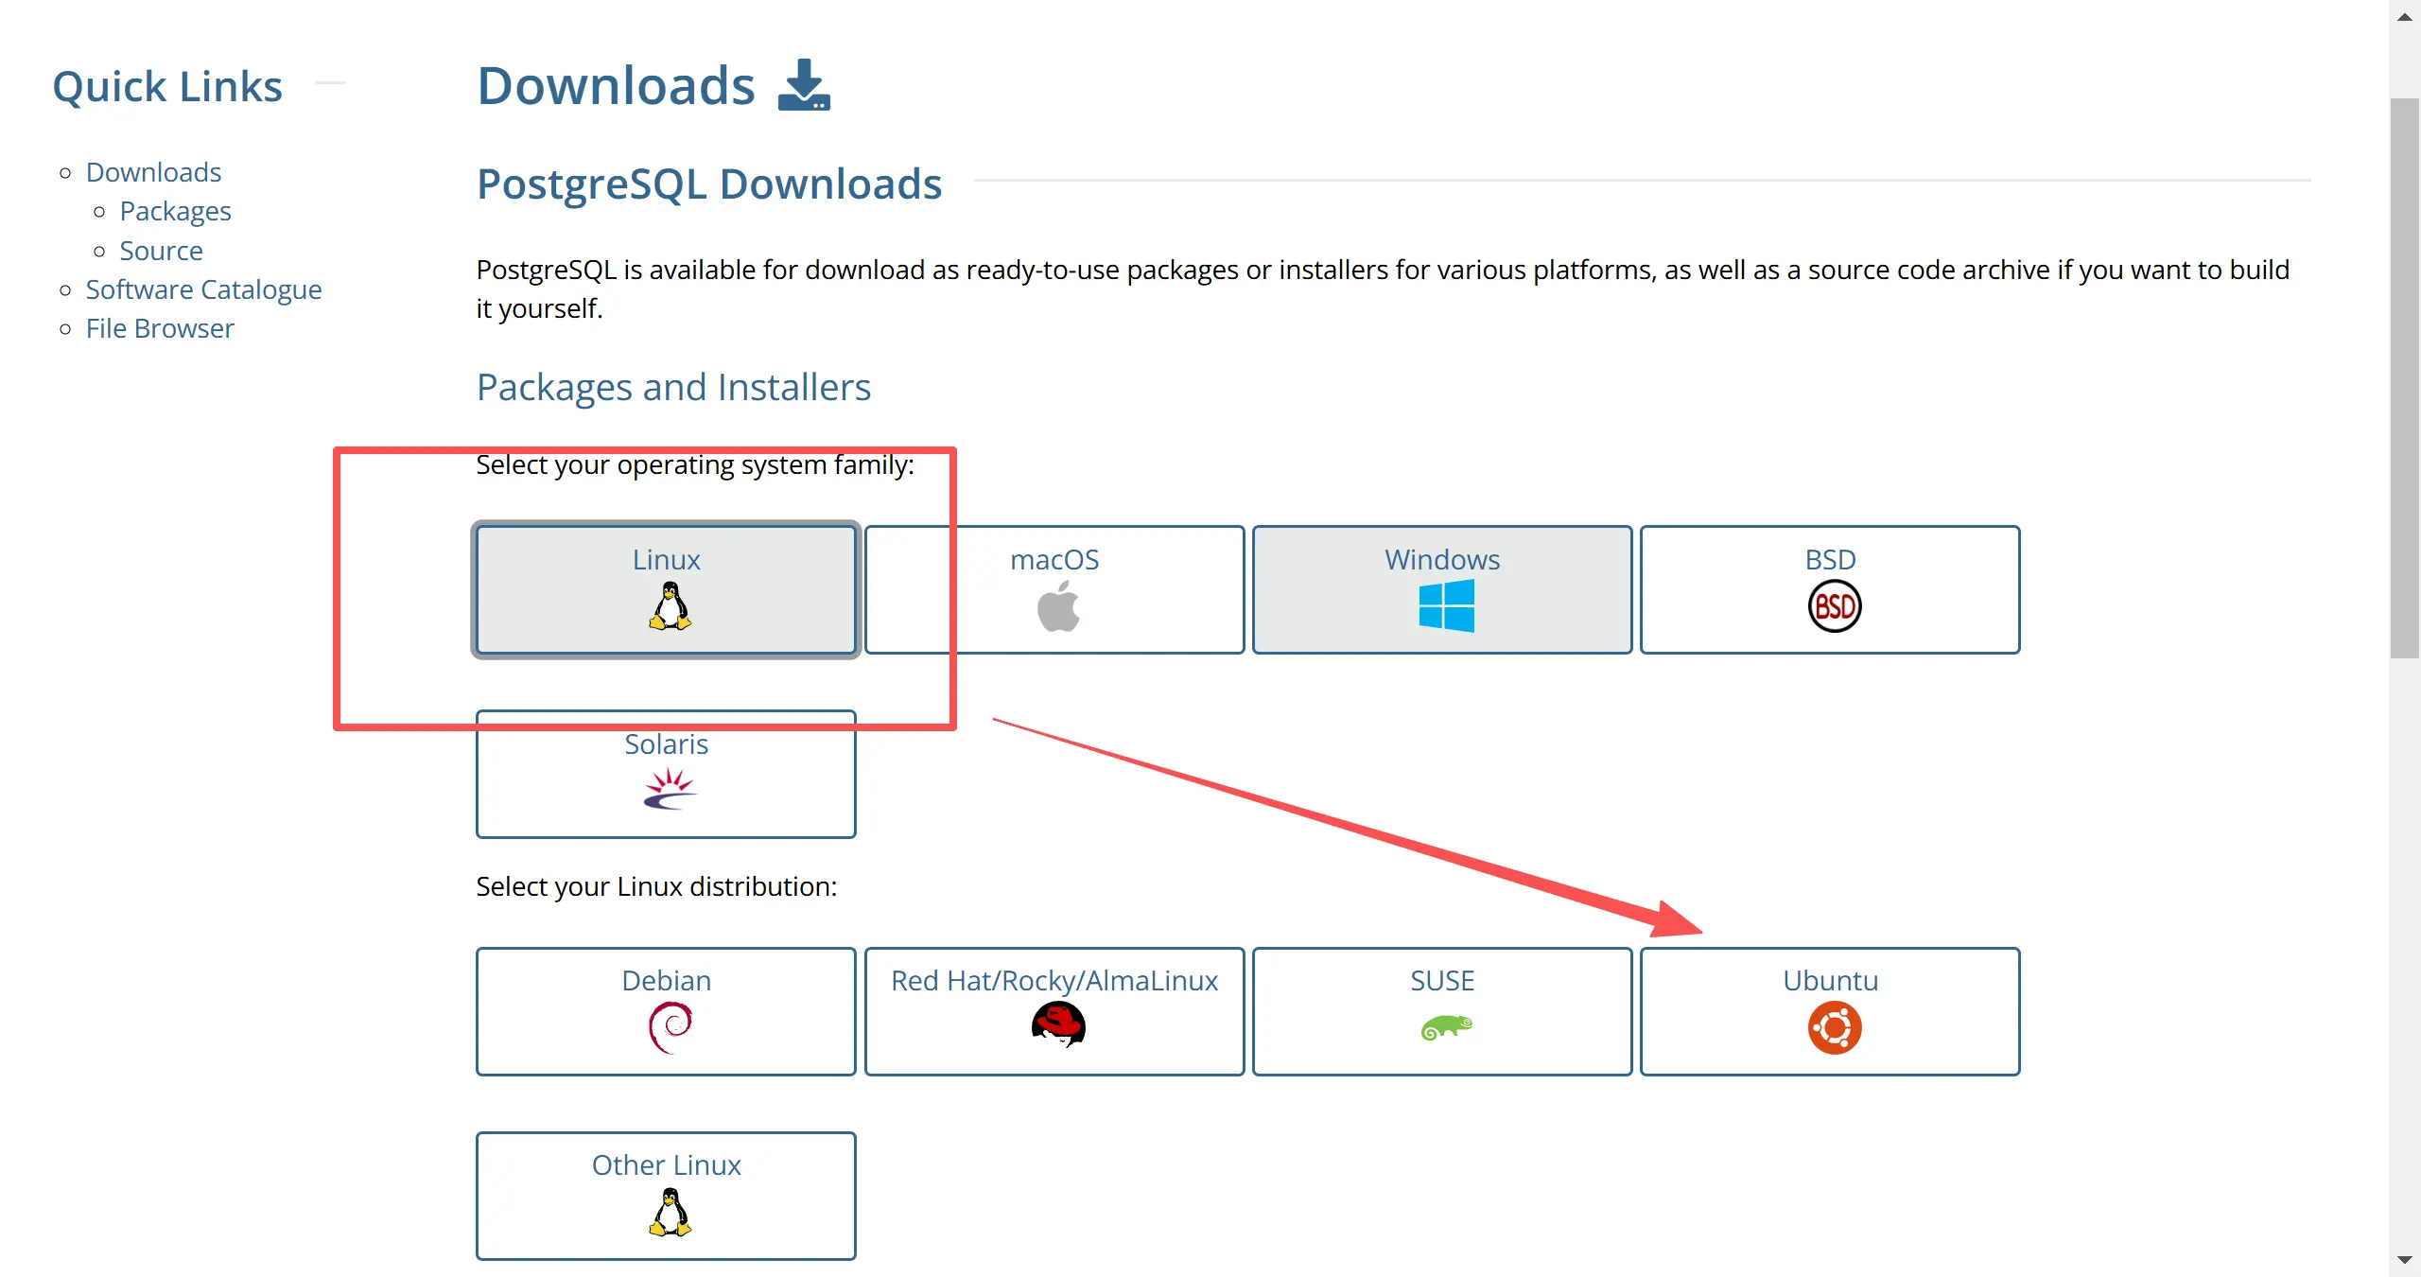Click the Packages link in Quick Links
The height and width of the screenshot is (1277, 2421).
pyautogui.click(x=175, y=211)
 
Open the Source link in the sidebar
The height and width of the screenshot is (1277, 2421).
pyautogui.click(x=161, y=251)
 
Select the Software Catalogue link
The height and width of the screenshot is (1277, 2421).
pyautogui.click(x=203, y=289)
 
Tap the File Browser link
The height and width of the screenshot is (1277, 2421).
pyautogui.click(x=160, y=328)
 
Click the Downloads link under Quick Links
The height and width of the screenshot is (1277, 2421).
pyautogui.click(x=153, y=172)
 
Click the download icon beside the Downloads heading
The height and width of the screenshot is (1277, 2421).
pyautogui.click(x=804, y=85)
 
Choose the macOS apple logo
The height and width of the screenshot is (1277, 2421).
pyautogui.click(x=1058, y=606)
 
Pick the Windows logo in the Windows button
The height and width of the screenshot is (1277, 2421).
pyautogui.click(x=1446, y=606)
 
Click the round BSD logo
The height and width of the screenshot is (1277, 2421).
pyautogui.click(x=1834, y=606)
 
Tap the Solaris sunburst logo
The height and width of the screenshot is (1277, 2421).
pyautogui.click(x=670, y=789)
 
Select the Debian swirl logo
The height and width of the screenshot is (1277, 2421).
pyautogui.click(x=671, y=1027)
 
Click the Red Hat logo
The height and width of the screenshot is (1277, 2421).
pyautogui.click(x=1058, y=1025)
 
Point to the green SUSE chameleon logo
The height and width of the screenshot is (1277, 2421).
pyautogui.click(x=1446, y=1027)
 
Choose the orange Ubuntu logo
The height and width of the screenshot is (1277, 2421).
pyautogui.click(x=1834, y=1028)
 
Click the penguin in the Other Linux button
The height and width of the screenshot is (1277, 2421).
pyautogui.click(x=670, y=1212)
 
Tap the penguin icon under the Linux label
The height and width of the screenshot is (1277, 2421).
pyautogui.click(x=670, y=605)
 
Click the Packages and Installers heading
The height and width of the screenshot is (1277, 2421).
pyautogui.click(x=673, y=387)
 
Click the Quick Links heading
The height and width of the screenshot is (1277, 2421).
pyautogui.click(x=167, y=86)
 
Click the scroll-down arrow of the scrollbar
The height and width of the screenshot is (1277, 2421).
pyautogui.click(x=2404, y=1260)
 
